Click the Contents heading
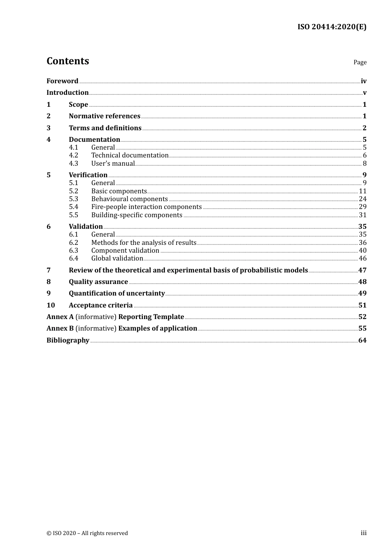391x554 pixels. tap(67, 61)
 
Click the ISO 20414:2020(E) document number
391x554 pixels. tap(332, 27)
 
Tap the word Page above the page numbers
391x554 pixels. tap(360, 62)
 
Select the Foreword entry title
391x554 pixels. tap(62, 81)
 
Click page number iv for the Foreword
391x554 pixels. tap(363, 81)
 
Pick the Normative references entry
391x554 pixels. tap(105, 116)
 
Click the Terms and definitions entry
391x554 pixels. tap(105, 128)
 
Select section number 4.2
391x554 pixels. tap(73, 155)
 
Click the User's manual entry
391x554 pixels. tap(113, 163)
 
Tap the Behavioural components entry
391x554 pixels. tap(129, 199)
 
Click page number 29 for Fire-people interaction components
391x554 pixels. tap(362, 207)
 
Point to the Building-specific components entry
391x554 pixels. tap(137, 215)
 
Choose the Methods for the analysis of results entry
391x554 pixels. tap(144, 242)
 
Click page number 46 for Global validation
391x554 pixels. tap(362, 258)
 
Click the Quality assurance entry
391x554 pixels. tap(98, 282)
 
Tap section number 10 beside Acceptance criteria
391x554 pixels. tap(50, 305)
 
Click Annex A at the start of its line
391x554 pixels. tap(60, 317)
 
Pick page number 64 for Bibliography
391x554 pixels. tap(362, 340)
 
